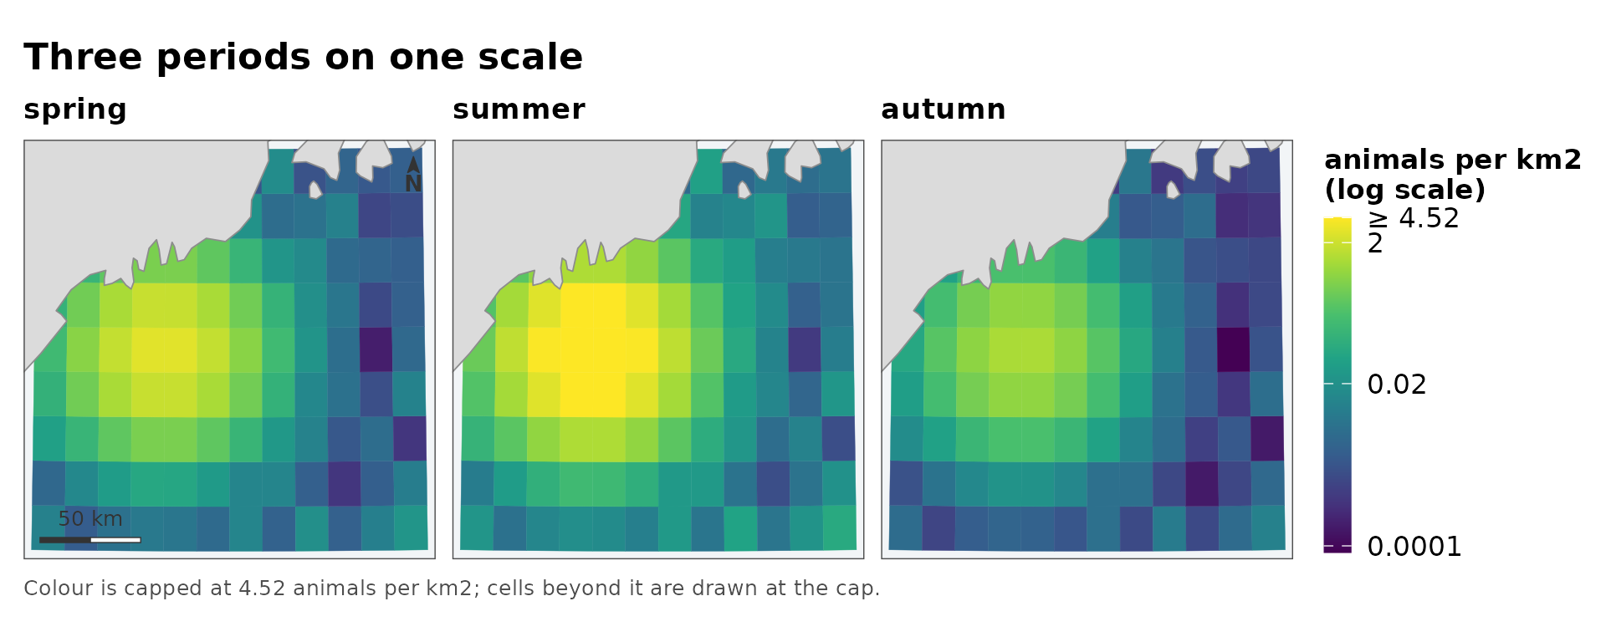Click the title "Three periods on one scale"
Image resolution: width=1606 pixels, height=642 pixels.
303,58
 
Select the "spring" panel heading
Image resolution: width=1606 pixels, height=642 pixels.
75,110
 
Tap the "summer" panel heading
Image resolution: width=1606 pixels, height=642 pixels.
519,110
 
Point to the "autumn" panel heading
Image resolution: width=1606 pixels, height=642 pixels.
943,110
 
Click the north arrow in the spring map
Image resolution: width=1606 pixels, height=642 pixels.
413,174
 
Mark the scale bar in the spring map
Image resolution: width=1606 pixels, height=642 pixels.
90,540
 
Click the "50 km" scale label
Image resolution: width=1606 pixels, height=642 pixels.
90,519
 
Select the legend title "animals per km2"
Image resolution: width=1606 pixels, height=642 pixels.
1453,160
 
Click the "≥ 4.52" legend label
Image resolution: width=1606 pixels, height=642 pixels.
1414,218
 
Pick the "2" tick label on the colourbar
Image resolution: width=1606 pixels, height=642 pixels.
1375,243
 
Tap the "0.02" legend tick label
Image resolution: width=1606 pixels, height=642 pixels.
1397,385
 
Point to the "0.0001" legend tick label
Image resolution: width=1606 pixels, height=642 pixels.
1414,547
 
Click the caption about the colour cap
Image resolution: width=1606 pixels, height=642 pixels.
452,588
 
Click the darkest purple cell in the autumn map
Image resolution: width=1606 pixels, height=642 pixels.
1233,349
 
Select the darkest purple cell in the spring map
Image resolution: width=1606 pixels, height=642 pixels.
376,349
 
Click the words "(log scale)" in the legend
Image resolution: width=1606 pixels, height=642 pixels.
1405,190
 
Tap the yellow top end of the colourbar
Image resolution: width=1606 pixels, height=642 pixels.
1337,222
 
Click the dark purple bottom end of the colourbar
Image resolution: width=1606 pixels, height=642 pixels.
1337,548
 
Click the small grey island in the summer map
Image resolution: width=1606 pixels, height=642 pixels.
744,190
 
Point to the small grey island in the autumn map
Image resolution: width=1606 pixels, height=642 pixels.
1173,190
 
